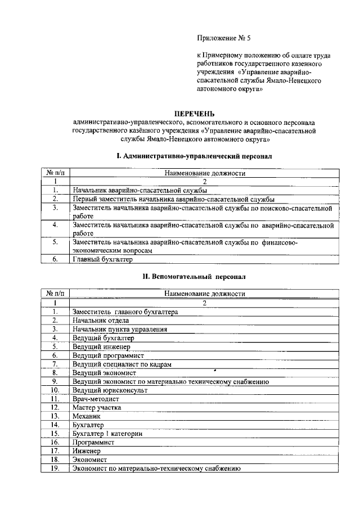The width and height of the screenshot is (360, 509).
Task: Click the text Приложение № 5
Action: click(219, 38)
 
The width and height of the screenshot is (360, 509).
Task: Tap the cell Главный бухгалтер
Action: click(102, 259)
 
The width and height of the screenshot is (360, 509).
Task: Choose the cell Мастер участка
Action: click(97, 407)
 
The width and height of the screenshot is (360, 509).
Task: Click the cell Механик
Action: click(87, 416)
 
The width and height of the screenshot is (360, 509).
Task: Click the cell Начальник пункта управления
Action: click(120, 329)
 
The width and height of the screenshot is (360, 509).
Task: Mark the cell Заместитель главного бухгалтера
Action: click(125, 312)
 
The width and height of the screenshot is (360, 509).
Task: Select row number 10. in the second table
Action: click(55, 390)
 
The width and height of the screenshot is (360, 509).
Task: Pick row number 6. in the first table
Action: click(55, 259)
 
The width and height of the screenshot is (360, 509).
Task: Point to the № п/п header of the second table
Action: click(55, 294)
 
